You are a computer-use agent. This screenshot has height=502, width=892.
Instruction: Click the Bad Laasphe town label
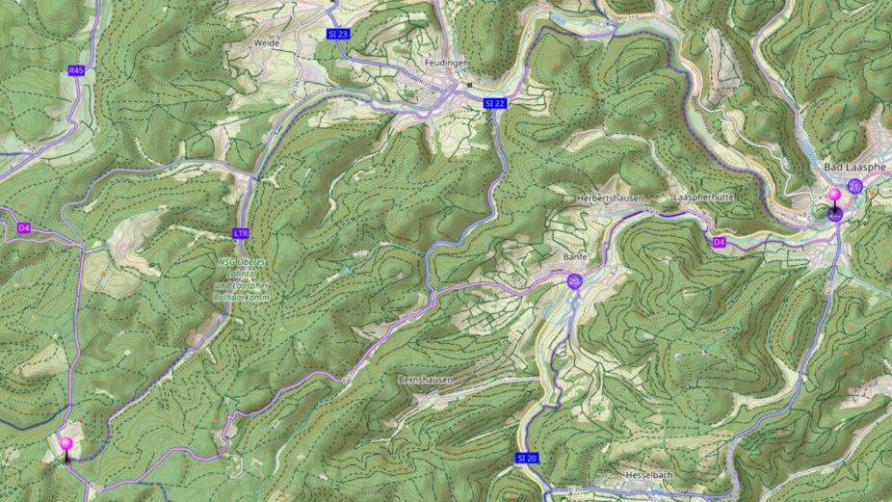[854, 167]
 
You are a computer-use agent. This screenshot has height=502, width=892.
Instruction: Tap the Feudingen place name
[446, 63]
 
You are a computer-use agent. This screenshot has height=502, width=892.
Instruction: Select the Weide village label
[266, 43]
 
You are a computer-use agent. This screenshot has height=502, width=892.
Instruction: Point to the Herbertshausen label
[609, 198]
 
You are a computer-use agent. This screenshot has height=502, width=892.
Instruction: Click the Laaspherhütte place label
[705, 198]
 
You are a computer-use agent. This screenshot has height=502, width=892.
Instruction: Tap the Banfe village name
[575, 257]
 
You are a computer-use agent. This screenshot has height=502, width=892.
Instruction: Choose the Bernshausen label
[425, 380]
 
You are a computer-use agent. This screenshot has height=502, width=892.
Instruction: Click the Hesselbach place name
[647, 476]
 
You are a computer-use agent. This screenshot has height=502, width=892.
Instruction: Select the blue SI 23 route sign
[338, 34]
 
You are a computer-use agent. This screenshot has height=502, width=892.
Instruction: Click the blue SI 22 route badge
[495, 103]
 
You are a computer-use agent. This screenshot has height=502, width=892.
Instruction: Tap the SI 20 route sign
[526, 458]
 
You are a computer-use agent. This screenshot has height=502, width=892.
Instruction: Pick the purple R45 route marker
[77, 70]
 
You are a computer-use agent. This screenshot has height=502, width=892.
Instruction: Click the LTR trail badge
[241, 233]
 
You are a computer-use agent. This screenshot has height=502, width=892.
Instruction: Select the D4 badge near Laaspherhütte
[719, 242]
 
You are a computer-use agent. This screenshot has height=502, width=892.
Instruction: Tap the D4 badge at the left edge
[24, 228]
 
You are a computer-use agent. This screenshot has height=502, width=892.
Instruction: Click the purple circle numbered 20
[574, 281]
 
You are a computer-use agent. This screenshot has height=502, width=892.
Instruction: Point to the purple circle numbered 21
[854, 186]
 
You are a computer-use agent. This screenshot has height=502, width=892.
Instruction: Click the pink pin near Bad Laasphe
[834, 197]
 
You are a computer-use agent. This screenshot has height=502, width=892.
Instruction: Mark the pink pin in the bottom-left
[66, 444]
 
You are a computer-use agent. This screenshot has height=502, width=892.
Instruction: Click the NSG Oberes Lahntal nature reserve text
[242, 278]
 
